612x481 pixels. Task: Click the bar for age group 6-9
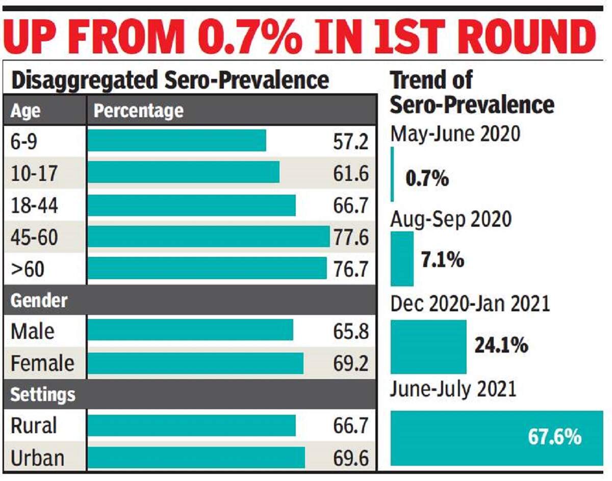click(x=176, y=141)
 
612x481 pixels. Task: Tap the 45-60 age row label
click(x=34, y=237)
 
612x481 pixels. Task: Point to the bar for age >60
click(x=207, y=268)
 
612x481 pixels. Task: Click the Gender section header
click(x=39, y=300)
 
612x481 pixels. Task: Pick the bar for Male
click(x=190, y=330)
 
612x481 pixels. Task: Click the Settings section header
click(x=43, y=394)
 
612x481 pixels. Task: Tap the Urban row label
click(x=37, y=458)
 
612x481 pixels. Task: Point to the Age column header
click(x=25, y=110)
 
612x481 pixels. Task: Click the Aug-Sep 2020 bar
click(x=402, y=258)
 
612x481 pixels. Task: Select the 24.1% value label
click(x=501, y=346)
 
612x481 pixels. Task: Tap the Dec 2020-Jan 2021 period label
click(x=470, y=304)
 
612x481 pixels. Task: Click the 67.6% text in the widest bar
click(x=554, y=438)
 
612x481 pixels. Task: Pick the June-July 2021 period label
click(x=453, y=390)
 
